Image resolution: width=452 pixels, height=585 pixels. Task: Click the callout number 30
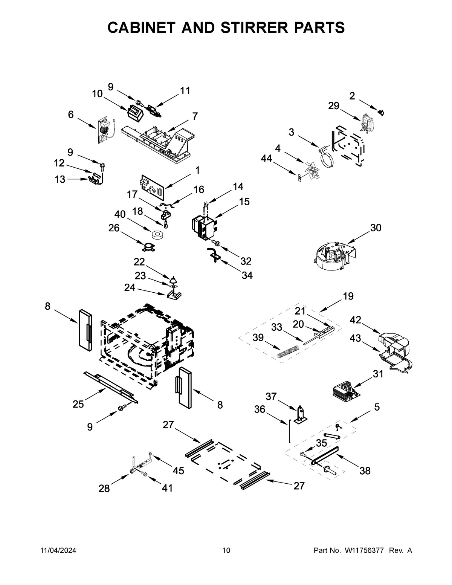pos(376,228)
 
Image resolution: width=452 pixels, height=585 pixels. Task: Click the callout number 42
pos(355,320)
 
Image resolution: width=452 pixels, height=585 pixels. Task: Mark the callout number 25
pos(78,404)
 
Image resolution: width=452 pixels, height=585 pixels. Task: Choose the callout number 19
pos(348,296)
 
